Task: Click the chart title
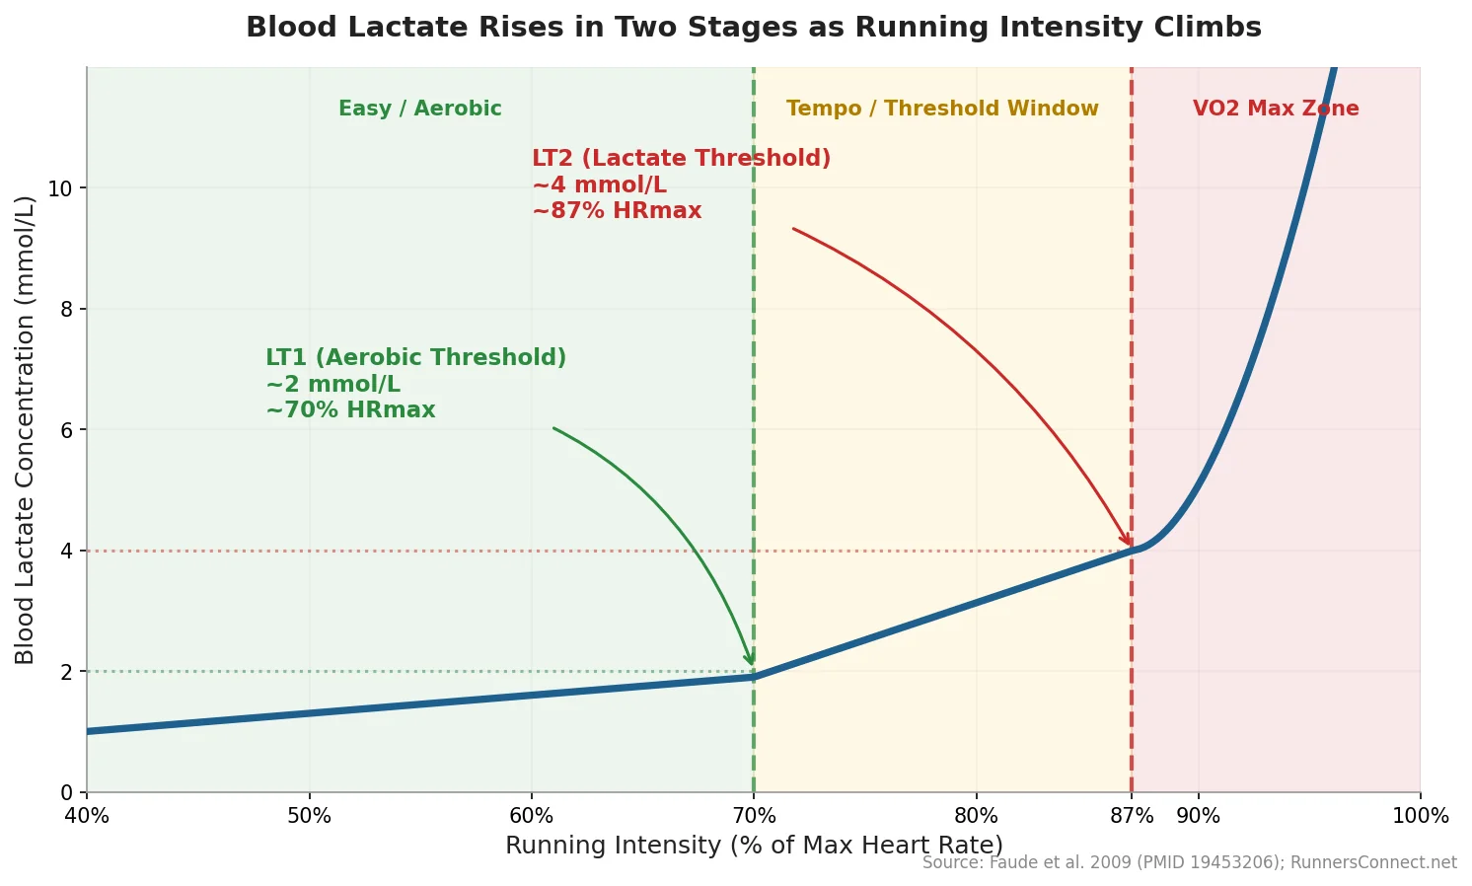[x=753, y=28]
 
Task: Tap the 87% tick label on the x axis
[x=1131, y=817]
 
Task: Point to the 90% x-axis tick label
[x=1198, y=817]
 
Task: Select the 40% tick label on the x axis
[x=87, y=817]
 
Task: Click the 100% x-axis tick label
[x=1419, y=817]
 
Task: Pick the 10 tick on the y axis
[x=61, y=188]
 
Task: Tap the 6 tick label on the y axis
[x=67, y=430]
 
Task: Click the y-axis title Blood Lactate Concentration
[x=26, y=429]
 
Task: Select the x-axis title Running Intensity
[x=753, y=846]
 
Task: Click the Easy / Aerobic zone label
[x=419, y=109]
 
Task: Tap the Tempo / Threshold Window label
[x=941, y=109]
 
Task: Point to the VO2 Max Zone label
[x=1275, y=109]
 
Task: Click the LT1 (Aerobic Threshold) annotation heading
[x=415, y=358]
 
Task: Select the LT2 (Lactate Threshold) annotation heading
[x=681, y=159]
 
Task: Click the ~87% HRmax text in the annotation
[x=617, y=211]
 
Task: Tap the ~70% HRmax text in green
[x=350, y=410]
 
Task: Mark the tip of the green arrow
[x=753, y=666]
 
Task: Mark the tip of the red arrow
[x=1130, y=546]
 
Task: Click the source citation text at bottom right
[x=1189, y=863]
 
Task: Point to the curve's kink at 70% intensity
[x=754, y=677]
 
